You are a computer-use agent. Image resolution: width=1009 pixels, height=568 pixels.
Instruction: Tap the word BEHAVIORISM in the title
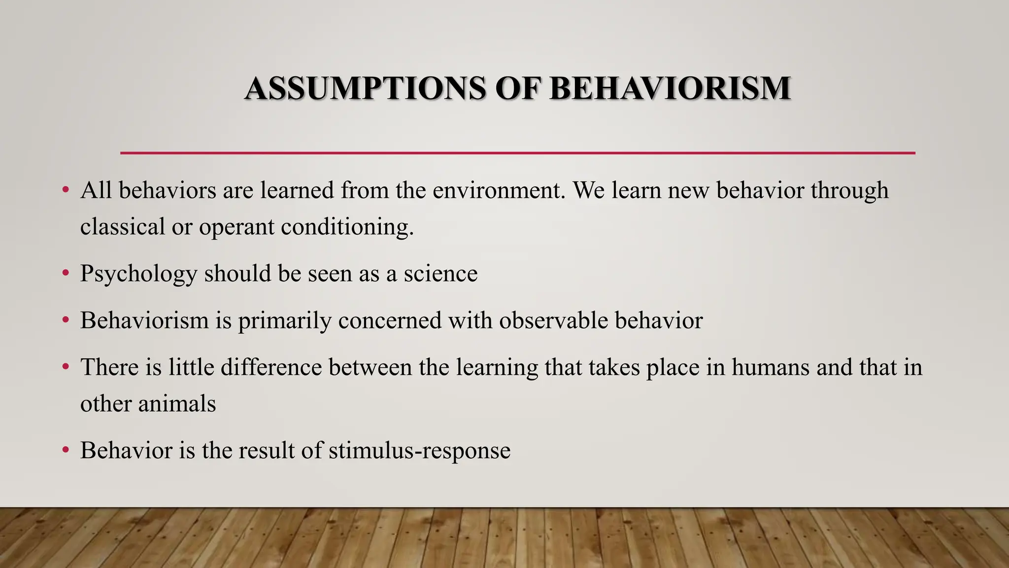[x=670, y=89]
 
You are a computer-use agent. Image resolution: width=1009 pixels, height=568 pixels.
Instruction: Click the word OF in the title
[x=517, y=89]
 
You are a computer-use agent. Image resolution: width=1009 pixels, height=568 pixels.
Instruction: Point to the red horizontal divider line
[x=517, y=153]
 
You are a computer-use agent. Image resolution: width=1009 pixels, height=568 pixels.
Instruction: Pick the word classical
[x=123, y=228]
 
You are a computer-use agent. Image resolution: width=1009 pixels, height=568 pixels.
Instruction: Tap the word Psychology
[x=138, y=274]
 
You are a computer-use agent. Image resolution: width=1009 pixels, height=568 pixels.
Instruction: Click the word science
[x=440, y=274]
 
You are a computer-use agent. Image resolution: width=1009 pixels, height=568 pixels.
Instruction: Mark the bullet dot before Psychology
[x=66, y=273]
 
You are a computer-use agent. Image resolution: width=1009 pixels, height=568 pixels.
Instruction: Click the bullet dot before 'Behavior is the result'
[x=66, y=450]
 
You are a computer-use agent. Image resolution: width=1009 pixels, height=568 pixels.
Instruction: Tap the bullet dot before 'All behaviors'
[x=66, y=190]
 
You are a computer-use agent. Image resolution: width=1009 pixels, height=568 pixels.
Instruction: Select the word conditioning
[x=347, y=228]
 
